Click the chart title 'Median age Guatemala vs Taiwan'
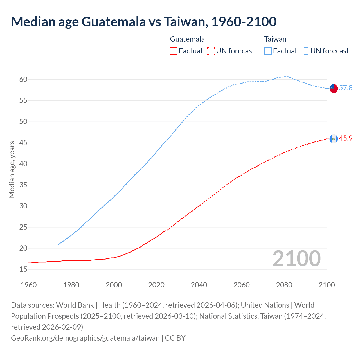(143, 22)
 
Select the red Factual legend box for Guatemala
(174, 51)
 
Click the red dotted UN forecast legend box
(211, 51)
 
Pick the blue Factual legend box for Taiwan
(268, 51)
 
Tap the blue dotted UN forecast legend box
(305, 51)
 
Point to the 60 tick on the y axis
(23, 79)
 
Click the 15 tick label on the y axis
(23, 269)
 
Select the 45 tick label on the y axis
(23, 143)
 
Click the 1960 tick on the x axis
(29, 285)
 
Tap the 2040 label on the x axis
(199, 285)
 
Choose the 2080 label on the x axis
(284, 285)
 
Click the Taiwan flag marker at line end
(333, 88)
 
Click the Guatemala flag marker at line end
(333, 139)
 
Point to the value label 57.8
(346, 88)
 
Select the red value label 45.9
(346, 138)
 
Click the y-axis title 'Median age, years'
(12, 170)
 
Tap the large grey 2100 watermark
(296, 258)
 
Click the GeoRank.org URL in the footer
(85, 338)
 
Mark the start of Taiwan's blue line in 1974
(58, 244)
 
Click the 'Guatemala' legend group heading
(187, 39)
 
